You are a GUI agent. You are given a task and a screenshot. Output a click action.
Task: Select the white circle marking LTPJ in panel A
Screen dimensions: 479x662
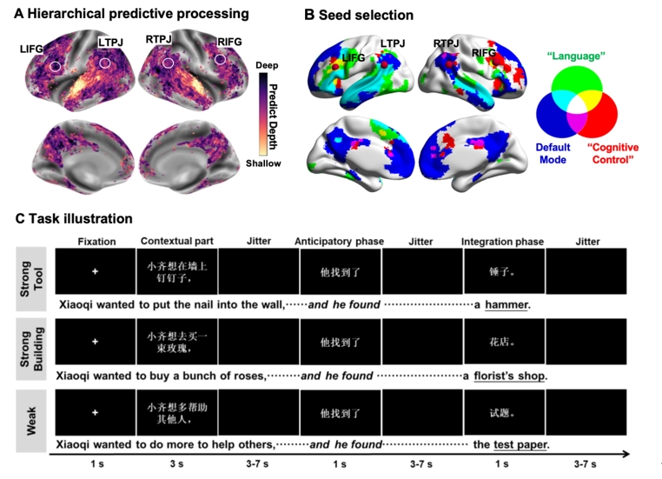click(x=105, y=63)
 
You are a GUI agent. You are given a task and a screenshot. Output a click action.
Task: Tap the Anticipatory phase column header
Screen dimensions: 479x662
click(x=334, y=241)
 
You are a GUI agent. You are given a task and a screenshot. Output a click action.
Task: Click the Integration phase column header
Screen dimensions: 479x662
click(x=502, y=241)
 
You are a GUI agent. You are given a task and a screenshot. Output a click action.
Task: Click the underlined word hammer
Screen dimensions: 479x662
click(x=506, y=305)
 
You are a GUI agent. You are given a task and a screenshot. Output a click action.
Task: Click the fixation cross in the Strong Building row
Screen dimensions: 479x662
click(x=96, y=343)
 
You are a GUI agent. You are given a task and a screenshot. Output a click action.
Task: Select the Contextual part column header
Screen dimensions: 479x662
click(x=173, y=241)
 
